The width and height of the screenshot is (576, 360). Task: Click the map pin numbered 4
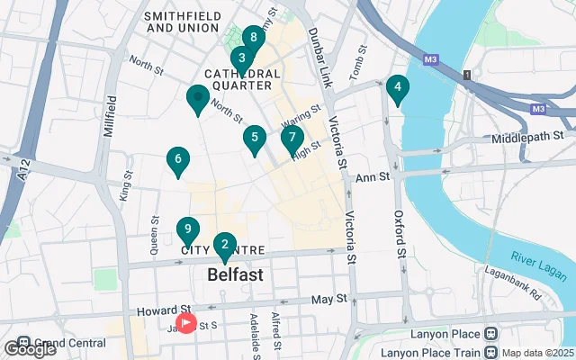coord(397,88)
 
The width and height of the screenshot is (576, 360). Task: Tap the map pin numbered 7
coord(291,139)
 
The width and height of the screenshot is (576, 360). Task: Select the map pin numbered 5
coord(255,139)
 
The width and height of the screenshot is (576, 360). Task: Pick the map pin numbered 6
coord(178,160)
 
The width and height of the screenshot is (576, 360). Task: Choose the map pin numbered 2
coord(224,243)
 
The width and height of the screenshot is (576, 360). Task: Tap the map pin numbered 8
coord(254,38)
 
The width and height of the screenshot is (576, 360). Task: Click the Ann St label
coord(370,176)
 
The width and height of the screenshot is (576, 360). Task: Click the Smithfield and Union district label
coord(183,22)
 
